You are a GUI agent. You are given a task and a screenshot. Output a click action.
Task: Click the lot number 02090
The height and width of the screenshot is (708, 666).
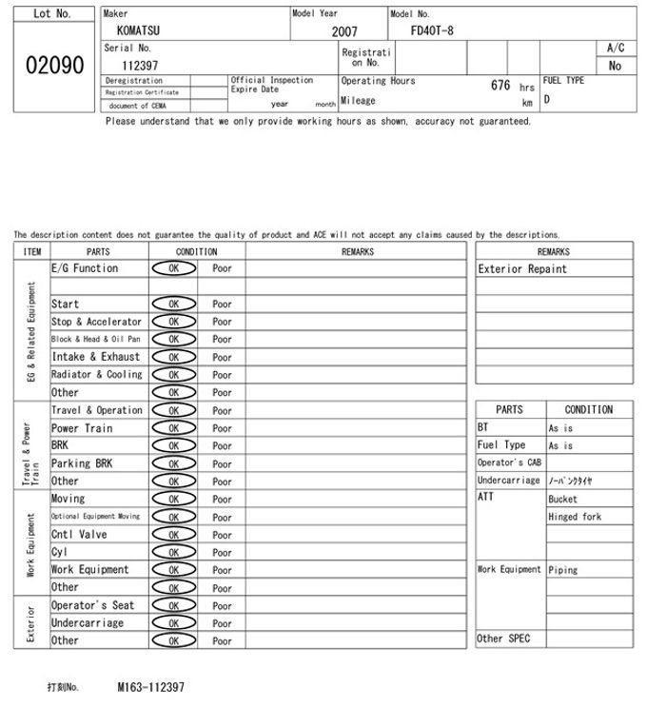(x=53, y=66)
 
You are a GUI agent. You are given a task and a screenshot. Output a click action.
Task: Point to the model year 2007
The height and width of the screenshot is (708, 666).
(x=344, y=31)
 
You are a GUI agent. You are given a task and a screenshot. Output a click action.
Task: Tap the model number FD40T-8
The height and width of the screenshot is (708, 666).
(x=432, y=30)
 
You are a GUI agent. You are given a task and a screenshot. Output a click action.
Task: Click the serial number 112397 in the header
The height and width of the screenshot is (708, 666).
(x=140, y=66)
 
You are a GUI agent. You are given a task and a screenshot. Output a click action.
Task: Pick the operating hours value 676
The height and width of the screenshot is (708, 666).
(x=500, y=85)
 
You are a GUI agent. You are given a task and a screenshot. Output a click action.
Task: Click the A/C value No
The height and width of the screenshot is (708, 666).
(x=615, y=66)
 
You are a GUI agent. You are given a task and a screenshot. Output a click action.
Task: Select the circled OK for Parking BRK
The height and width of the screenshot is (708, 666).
(x=174, y=463)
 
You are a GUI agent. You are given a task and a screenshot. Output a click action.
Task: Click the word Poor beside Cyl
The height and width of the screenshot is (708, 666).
(x=222, y=552)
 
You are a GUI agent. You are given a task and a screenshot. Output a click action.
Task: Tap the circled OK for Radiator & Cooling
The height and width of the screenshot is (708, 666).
(x=174, y=375)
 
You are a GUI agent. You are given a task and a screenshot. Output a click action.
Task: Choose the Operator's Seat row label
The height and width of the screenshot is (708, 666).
(x=92, y=605)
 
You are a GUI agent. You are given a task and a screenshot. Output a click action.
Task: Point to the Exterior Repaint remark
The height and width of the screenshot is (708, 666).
(x=521, y=269)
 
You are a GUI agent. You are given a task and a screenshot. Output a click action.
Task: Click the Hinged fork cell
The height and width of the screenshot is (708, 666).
(x=575, y=517)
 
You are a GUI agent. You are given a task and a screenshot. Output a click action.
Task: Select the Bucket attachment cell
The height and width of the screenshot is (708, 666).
(x=562, y=499)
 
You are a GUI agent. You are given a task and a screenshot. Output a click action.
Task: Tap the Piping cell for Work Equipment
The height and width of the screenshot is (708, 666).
(x=562, y=570)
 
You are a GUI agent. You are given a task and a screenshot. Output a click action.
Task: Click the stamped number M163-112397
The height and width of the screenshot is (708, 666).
(x=150, y=686)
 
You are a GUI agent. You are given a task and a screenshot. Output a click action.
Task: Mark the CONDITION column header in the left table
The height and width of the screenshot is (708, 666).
(x=196, y=252)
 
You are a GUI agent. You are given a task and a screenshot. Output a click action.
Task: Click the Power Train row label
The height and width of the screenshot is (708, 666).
(x=82, y=428)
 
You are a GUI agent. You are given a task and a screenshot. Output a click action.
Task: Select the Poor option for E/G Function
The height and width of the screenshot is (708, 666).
(x=222, y=269)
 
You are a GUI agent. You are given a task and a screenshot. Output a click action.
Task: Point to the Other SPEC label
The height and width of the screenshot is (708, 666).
(x=503, y=639)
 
